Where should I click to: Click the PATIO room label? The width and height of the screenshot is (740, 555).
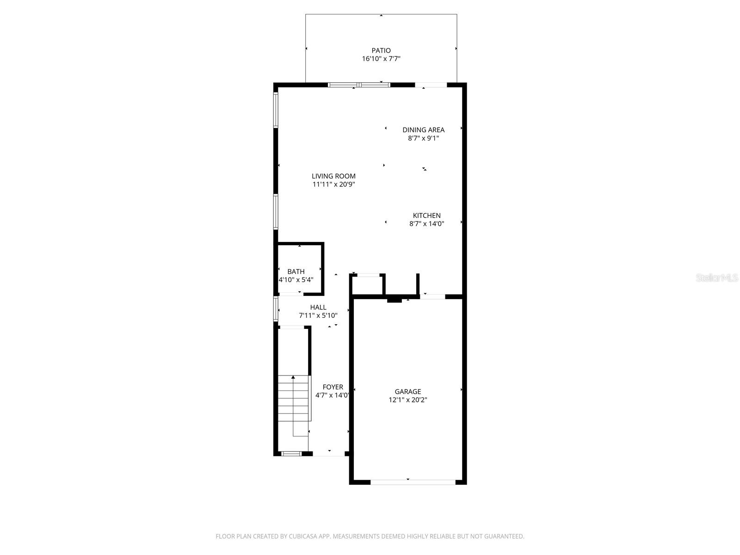pos(381,50)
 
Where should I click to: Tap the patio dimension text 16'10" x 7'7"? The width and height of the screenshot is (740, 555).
pos(381,59)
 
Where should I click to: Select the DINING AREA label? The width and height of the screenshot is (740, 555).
pos(423,130)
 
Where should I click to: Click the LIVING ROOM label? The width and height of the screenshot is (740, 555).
pos(333,176)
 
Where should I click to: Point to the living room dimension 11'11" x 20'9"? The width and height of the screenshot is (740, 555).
pos(333,185)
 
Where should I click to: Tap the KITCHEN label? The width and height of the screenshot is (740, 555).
pos(426,216)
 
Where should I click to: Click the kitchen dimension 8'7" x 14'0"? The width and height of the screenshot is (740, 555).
pos(426,224)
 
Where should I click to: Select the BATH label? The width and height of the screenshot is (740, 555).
pos(296,271)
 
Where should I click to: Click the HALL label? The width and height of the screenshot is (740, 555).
pos(318,307)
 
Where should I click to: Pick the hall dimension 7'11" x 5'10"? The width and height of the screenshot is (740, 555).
pos(318,315)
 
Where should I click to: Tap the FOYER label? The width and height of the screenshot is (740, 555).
pos(333,387)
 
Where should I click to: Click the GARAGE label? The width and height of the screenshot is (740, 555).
pos(408,392)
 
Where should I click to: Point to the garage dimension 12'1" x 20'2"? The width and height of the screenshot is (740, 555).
pos(408,400)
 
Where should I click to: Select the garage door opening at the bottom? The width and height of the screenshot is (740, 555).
pos(413,482)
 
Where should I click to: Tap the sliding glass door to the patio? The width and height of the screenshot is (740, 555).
pos(359,85)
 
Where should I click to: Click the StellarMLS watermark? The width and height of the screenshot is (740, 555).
pos(717,277)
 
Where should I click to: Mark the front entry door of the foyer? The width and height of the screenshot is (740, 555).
pos(329,454)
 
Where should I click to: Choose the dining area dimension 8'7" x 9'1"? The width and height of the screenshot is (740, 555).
pos(423,138)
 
